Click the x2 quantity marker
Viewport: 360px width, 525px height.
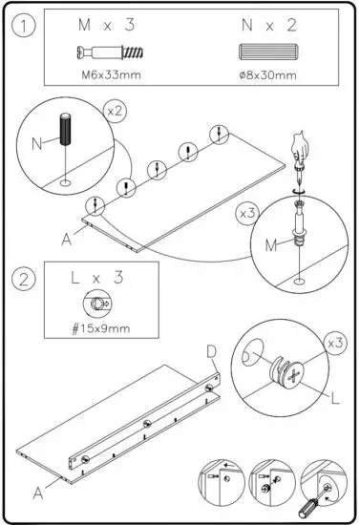116,112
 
